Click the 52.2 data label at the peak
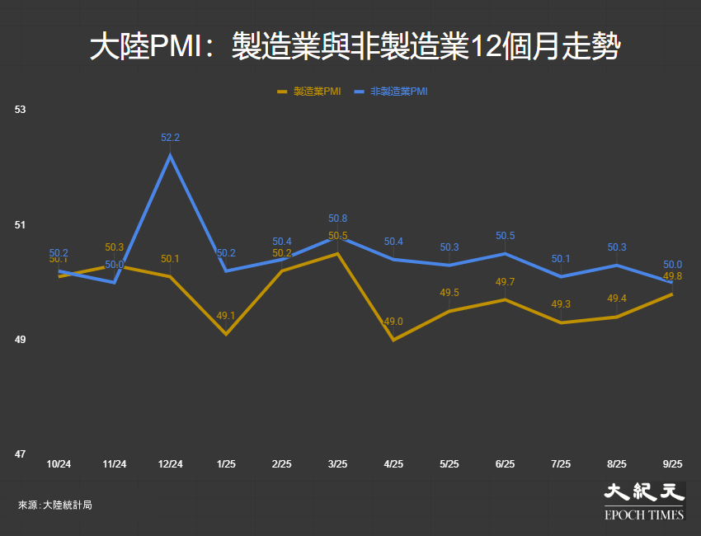tap(170, 138)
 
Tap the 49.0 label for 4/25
tap(393, 322)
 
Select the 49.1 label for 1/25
tap(226, 315)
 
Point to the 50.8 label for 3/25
tap(337, 219)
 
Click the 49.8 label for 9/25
tap(672, 276)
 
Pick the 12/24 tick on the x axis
tap(170, 464)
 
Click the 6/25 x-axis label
tap(505, 464)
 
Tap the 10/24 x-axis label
tap(59, 464)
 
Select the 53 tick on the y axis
tap(21, 110)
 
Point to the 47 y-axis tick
tap(21, 454)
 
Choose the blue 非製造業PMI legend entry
tap(393, 92)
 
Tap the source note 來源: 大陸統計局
tap(54, 505)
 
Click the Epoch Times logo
tap(644, 501)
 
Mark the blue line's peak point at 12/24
tap(170, 156)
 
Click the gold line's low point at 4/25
tap(393, 340)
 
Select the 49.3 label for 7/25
tap(561, 304)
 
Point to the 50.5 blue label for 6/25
tap(505, 236)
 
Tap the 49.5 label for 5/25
tap(449, 293)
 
